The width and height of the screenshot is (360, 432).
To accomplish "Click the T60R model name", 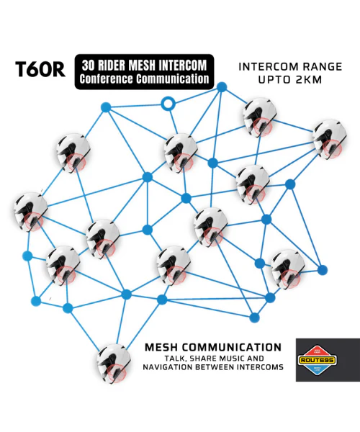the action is [40, 69].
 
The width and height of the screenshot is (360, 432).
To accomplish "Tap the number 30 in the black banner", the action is [89, 66].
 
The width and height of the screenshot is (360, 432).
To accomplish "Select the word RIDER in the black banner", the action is [112, 66].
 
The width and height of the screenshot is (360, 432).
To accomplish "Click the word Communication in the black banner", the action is [173, 78].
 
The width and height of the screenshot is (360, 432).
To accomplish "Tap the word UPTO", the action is [271, 80].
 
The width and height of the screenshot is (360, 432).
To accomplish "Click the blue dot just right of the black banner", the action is [222, 87].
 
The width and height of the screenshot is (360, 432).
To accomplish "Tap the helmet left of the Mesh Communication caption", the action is [113, 364].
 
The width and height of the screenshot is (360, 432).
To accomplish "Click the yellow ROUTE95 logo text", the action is [317, 360].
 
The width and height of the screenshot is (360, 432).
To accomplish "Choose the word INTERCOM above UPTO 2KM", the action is [268, 67].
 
